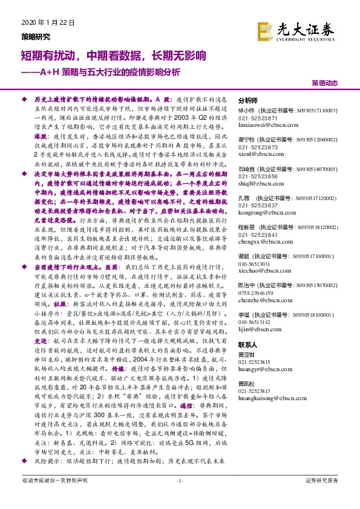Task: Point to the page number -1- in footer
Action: pos(180,497)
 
